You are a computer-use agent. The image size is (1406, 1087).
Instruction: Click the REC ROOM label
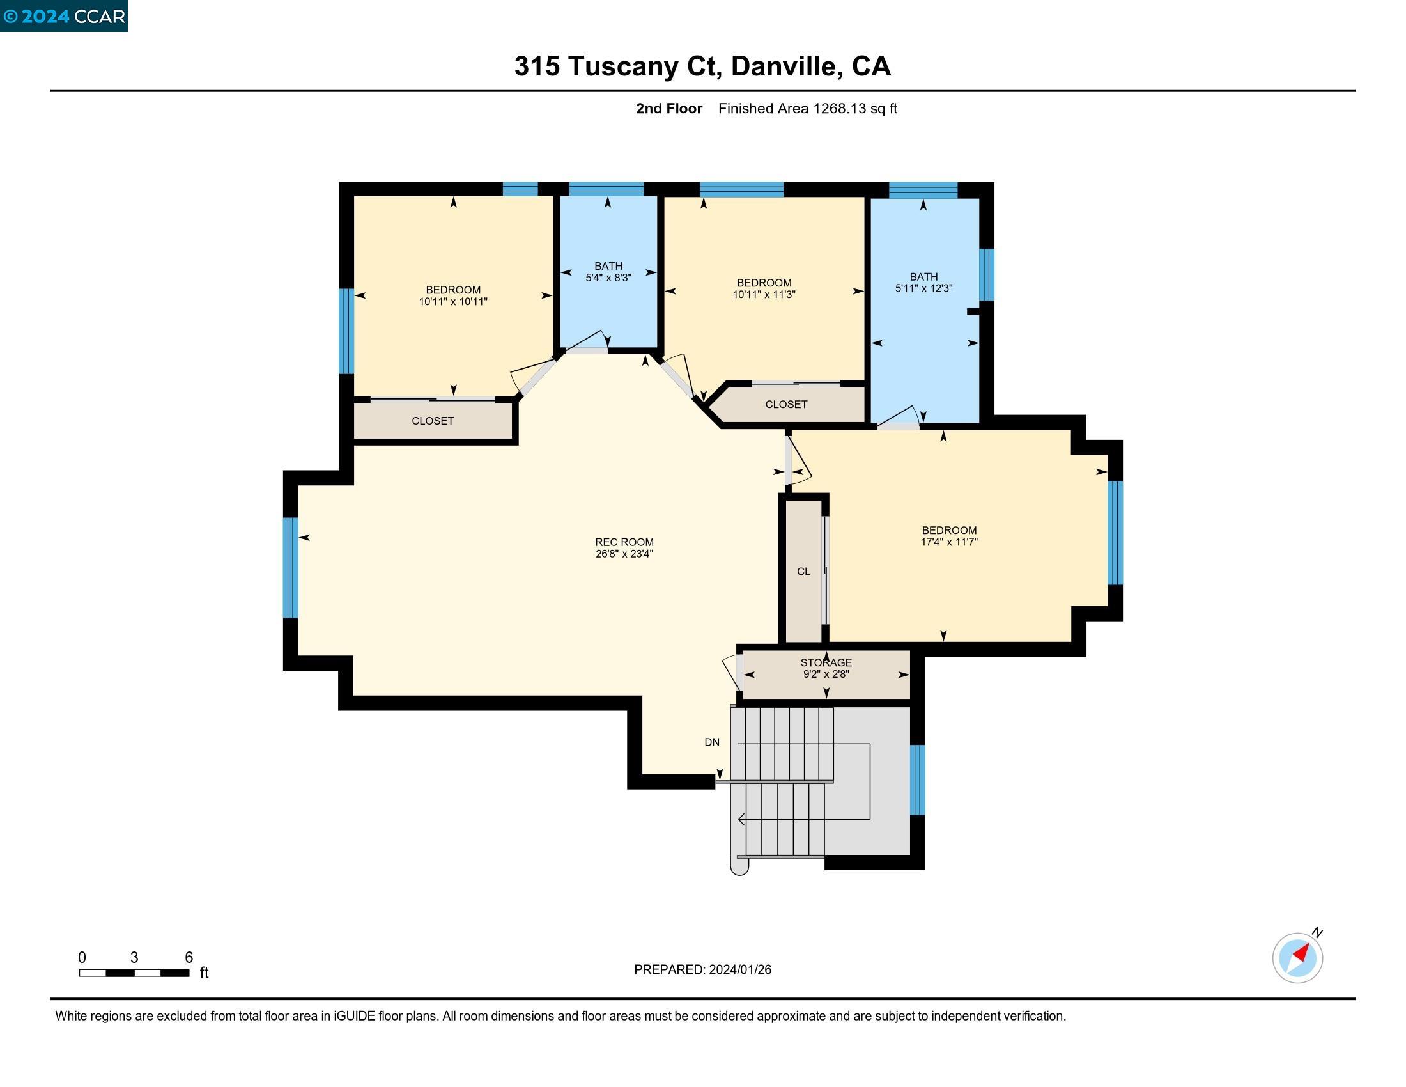coord(624,542)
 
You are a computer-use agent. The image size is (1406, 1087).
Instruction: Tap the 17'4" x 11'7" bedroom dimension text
coord(949,542)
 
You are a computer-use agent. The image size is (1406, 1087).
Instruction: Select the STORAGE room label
coord(826,662)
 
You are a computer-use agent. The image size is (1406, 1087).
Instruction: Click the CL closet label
coord(803,571)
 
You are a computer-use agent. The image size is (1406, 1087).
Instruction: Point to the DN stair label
coord(711,742)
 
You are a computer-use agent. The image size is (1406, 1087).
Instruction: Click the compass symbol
coord(1297,958)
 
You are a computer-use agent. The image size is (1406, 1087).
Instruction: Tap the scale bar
coord(134,973)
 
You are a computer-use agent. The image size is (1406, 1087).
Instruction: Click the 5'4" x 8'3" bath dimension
coord(608,278)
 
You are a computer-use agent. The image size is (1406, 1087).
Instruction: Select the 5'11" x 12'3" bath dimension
coord(923,288)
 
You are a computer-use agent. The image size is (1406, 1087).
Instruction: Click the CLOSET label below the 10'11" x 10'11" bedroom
coord(433,421)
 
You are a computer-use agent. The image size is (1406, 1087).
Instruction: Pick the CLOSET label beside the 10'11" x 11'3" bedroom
coord(786,404)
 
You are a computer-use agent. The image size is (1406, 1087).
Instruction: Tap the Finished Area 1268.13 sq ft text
coord(807,108)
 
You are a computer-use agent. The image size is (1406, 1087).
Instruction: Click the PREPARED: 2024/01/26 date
coord(702,969)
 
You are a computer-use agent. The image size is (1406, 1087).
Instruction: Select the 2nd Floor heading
coord(669,108)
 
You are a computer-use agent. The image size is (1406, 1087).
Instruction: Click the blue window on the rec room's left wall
coord(290,567)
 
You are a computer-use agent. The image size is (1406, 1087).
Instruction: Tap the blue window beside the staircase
coord(916,779)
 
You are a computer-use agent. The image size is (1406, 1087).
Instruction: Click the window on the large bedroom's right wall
coord(1115,533)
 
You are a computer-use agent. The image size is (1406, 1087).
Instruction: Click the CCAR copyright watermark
coord(64,16)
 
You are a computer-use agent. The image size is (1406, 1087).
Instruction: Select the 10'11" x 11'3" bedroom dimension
coord(764,294)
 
